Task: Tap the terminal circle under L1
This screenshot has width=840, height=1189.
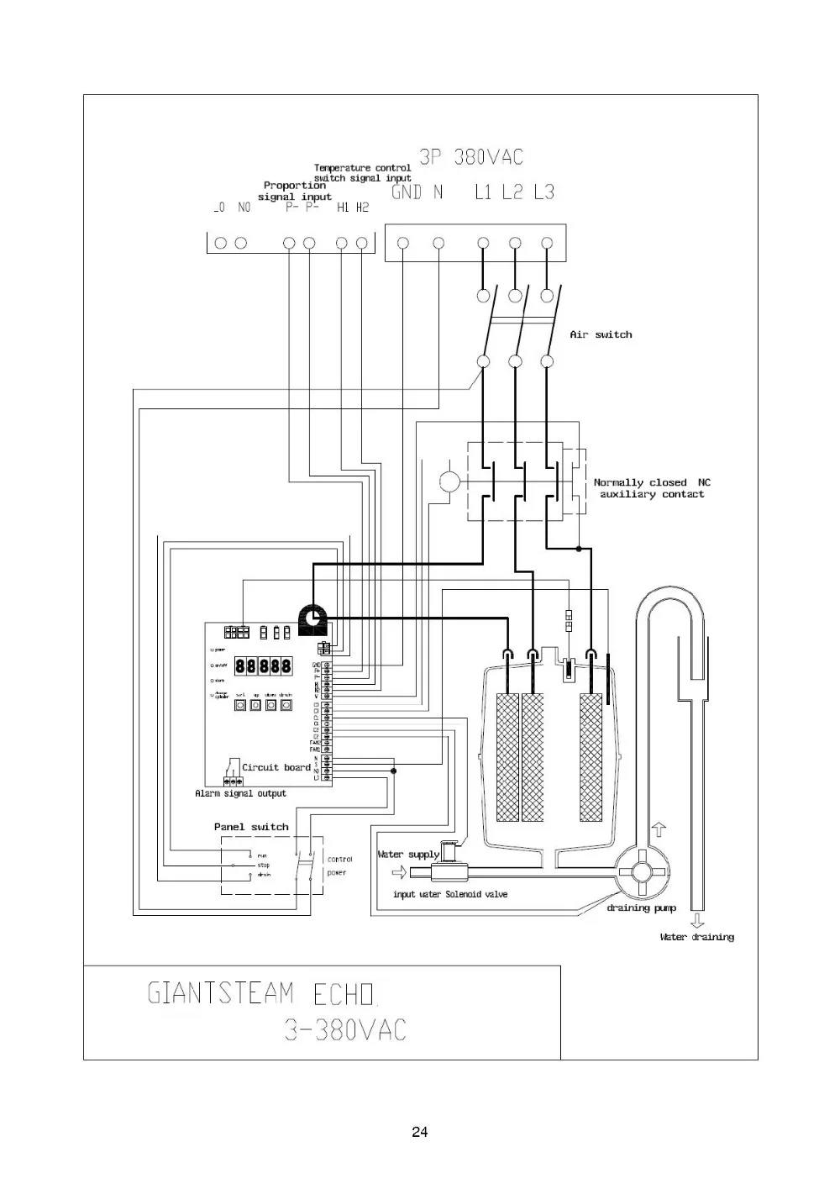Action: (x=483, y=244)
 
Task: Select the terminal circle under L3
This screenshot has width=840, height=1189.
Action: (x=548, y=244)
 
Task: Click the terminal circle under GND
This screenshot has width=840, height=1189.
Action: (x=403, y=244)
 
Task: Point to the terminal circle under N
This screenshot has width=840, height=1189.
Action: (x=438, y=244)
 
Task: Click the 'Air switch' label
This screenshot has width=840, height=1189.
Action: (x=601, y=334)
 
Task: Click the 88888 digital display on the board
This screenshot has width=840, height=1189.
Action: (x=264, y=666)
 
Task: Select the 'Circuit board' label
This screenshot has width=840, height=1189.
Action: (x=276, y=767)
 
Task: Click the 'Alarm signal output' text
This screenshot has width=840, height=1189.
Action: (x=240, y=793)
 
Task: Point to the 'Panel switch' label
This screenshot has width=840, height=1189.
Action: (x=251, y=827)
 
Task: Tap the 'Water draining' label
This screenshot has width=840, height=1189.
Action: (x=696, y=937)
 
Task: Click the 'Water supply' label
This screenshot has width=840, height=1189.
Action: (x=408, y=855)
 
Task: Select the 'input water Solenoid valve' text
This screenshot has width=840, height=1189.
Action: (x=450, y=894)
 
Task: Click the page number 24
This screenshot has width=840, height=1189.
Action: (x=420, y=1132)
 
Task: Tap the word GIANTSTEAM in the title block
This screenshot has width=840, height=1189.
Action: (x=221, y=994)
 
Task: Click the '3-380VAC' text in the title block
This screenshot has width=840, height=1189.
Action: (x=345, y=1030)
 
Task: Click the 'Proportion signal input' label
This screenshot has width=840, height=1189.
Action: (x=294, y=191)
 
